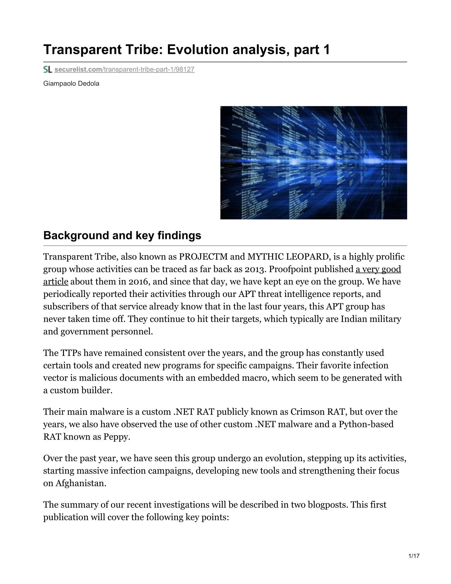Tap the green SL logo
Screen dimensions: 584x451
point(48,69)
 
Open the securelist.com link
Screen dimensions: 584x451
point(124,69)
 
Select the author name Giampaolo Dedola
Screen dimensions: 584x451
point(71,84)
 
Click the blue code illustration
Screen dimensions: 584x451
point(313,162)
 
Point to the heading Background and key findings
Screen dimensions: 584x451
point(122,235)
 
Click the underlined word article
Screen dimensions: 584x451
point(56,282)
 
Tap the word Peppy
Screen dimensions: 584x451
point(116,437)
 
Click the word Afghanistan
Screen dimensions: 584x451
point(81,483)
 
